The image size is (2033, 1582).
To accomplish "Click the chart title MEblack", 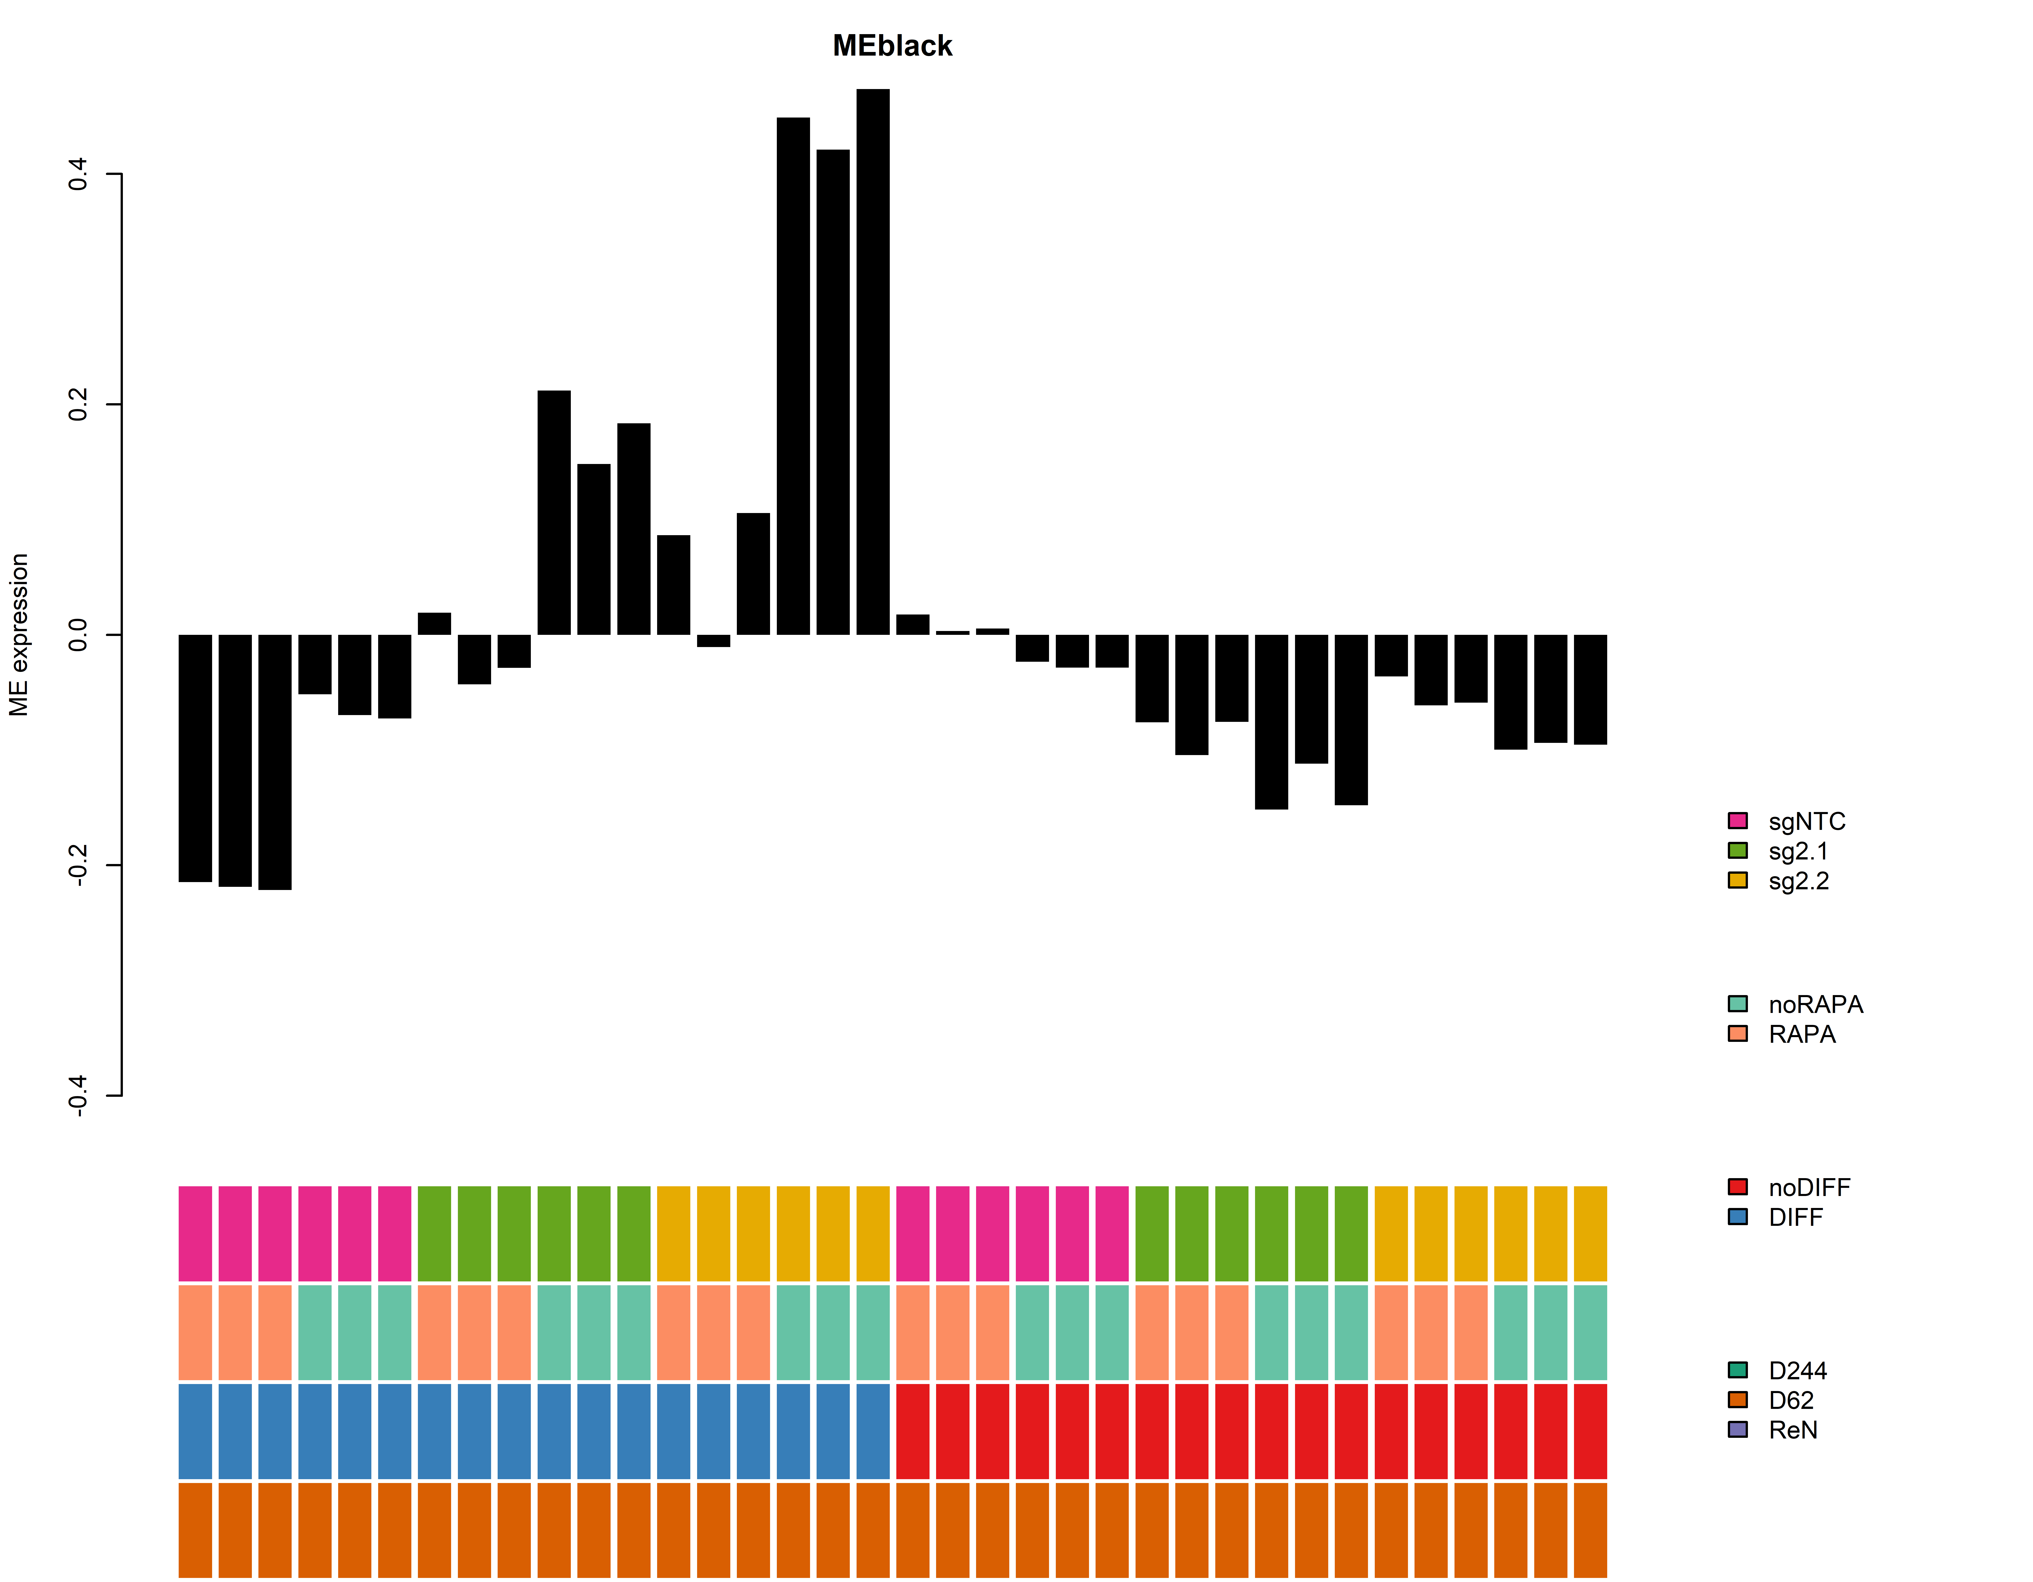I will pyautogui.click(x=892, y=46).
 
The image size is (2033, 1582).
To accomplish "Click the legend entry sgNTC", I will pyautogui.click(x=1806, y=821).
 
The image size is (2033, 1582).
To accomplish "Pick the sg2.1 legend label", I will pyautogui.click(x=1799, y=851).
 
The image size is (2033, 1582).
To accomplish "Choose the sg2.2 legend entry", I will pyautogui.click(x=1799, y=881).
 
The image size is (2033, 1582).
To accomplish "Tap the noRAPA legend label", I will pyautogui.click(x=1815, y=1005).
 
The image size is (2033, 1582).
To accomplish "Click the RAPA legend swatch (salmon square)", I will pyautogui.click(x=1737, y=1033).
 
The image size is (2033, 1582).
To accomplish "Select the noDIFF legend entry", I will pyautogui.click(x=1809, y=1187).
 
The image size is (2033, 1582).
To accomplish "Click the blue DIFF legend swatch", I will pyautogui.click(x=1737, y=1217).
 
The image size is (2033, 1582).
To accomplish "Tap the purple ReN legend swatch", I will pyautogui.click(x=1737, y=1429).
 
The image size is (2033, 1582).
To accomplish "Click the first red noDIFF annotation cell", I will pyautogui.click(x=912, y=1431).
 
